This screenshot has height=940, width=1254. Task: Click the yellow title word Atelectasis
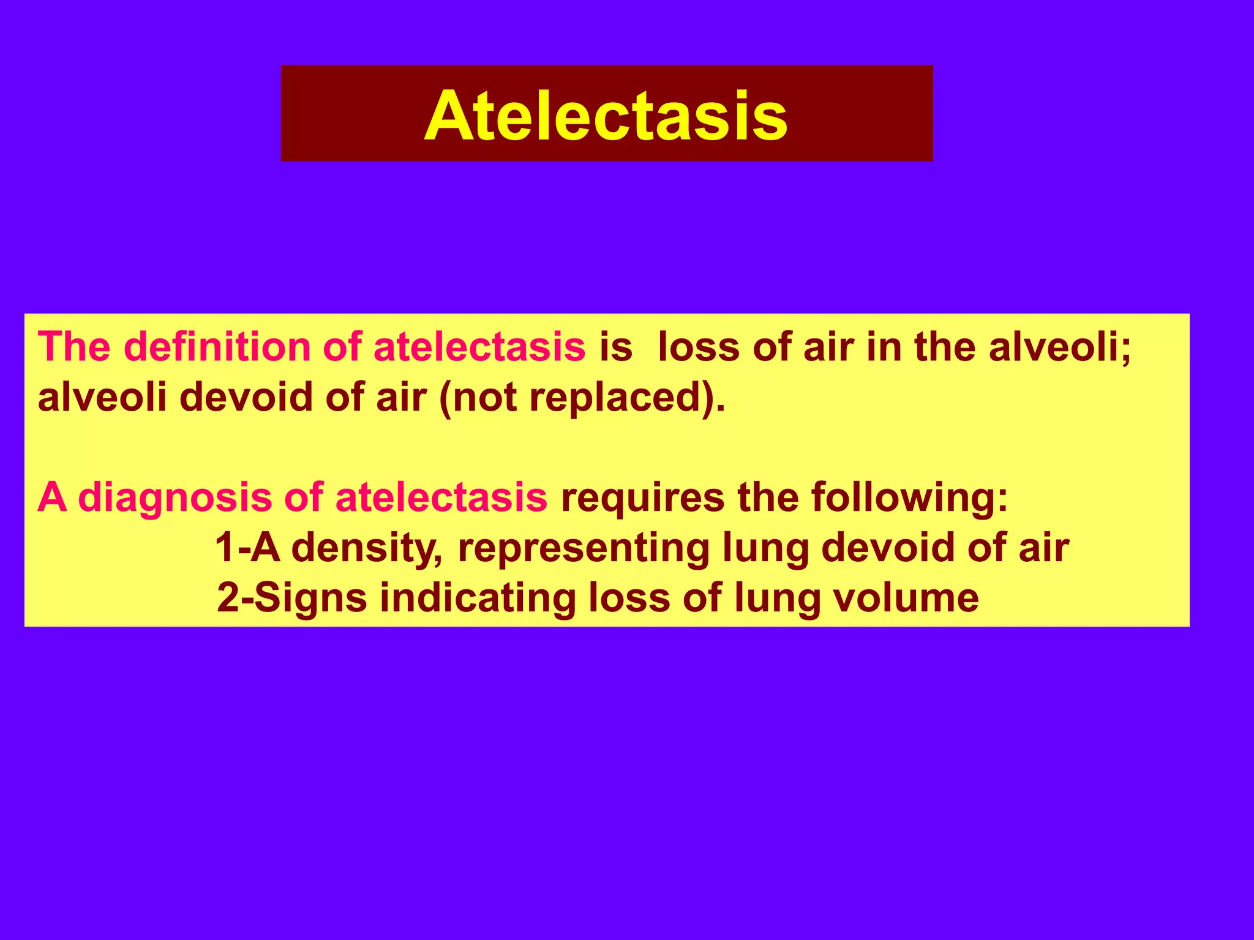coord(606,116)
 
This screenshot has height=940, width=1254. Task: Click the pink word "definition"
coord(217,347)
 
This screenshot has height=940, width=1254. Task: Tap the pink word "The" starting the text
coord(74,347)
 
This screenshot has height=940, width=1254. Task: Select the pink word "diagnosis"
coord(175,497)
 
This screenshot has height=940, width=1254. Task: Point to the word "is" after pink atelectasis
coord(615,347)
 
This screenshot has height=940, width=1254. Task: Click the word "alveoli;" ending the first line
coord(1060,347)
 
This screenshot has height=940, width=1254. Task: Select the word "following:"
coord(909,497)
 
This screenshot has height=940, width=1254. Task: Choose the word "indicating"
coord(478,598)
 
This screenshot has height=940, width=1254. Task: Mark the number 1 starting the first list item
coord(225,547)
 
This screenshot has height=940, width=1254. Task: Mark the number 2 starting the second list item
coord(228,598)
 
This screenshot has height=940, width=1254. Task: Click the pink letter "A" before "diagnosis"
coord(52,497)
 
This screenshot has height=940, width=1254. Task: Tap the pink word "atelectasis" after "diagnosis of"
coord(441,497)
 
